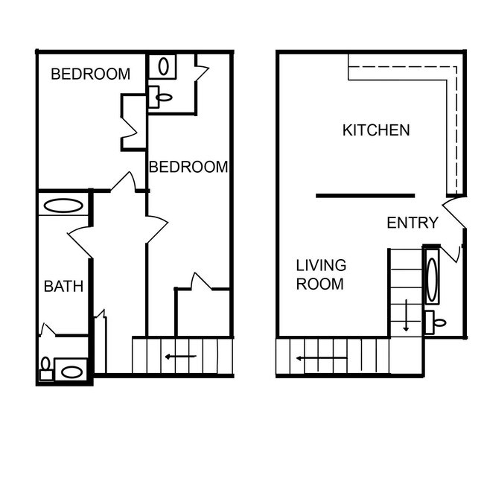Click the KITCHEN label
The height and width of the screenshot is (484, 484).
click(375, 130)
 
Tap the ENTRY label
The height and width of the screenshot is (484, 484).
click(413, 223)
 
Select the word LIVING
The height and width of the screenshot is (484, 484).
click(321, 265)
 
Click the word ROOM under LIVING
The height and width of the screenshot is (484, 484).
click(319, 284)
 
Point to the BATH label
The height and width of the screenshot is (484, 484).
click(63, 286)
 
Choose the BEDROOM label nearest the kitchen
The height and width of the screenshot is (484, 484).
click(188, 167)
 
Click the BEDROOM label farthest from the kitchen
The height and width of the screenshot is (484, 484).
click(90, 74)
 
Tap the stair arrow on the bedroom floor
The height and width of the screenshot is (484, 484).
click(181, 357)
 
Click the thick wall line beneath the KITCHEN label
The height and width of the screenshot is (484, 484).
click(365, 196)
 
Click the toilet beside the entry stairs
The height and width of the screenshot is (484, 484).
click(438, 322)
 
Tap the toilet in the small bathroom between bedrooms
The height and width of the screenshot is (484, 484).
click(162, 95)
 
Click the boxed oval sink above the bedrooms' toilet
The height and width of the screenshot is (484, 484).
click(163, 66)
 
